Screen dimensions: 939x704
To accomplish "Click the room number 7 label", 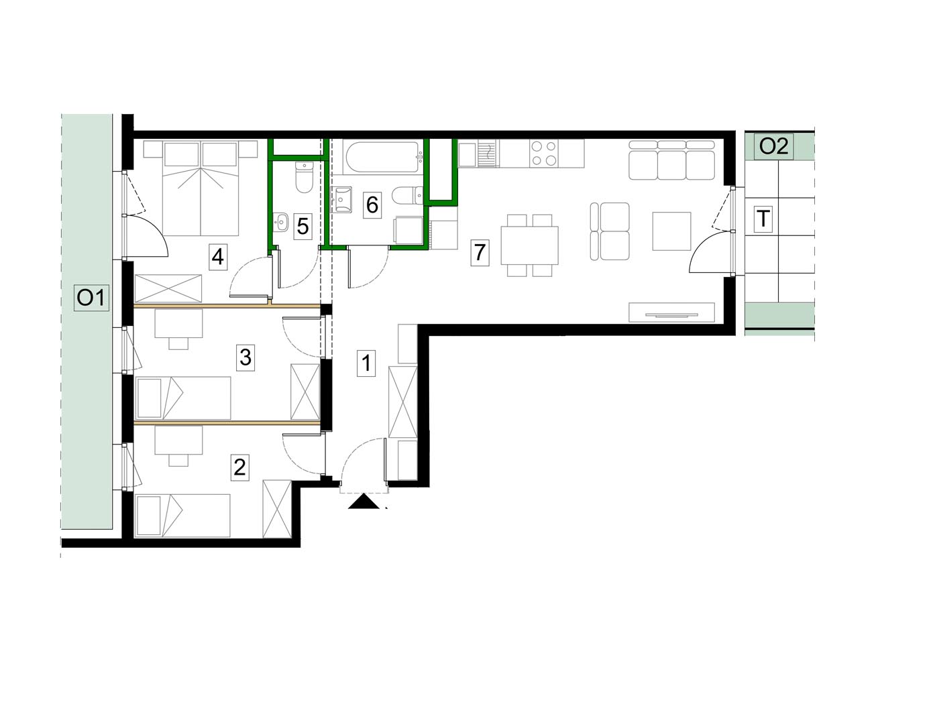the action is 479,253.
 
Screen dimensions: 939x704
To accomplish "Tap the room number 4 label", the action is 218,257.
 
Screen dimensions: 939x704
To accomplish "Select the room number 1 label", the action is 366,363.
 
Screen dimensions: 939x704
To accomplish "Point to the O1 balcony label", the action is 91,298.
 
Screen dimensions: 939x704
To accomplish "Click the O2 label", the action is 773,147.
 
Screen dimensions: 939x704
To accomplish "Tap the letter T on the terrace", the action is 763,219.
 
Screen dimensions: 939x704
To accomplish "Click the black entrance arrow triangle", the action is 364,502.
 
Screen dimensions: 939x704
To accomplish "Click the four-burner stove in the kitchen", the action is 543,154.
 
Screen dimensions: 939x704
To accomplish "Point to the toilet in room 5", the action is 304,177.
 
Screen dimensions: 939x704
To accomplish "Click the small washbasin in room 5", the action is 281,223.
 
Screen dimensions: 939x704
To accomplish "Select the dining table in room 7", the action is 530,245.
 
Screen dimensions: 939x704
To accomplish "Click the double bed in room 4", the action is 201,188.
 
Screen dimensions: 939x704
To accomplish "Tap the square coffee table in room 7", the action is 671,231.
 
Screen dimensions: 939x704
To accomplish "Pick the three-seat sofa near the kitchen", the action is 671,160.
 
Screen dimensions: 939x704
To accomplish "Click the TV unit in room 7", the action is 671,312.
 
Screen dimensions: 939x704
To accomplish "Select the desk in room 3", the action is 178,324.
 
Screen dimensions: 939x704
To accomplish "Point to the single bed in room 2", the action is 182,516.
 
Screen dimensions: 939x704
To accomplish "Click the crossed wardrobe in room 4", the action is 168,289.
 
